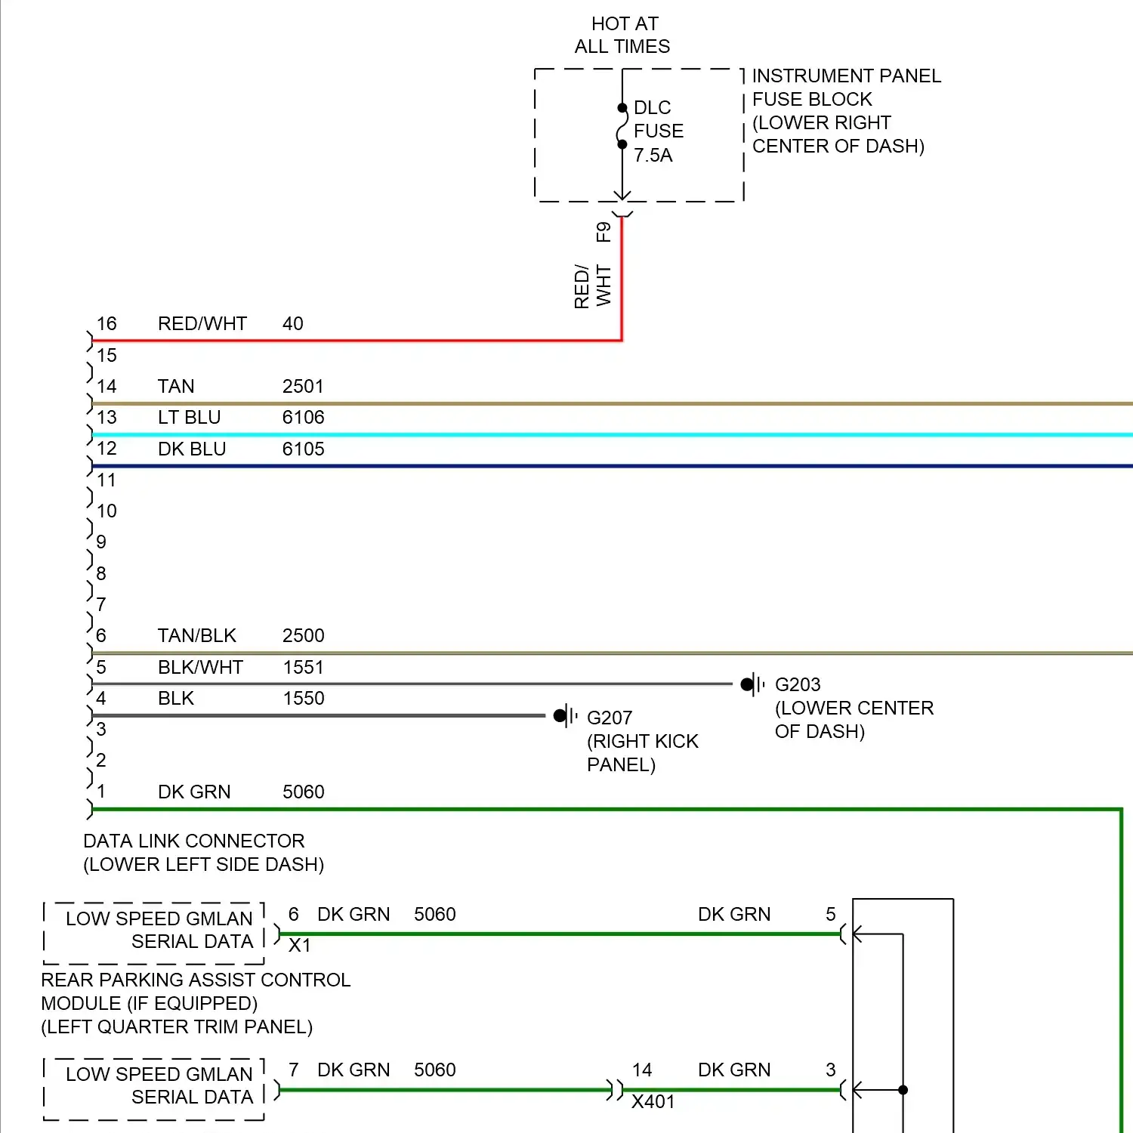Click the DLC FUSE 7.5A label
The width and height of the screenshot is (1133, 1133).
(658, 131)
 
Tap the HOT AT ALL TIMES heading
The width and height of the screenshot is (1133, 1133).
(622, 36)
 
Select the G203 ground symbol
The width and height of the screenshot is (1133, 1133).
(752, 684)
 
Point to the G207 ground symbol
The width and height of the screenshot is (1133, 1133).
(564, 716)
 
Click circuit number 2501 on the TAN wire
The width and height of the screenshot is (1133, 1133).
(303, 387)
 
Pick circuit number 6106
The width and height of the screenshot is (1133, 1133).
(303, 418)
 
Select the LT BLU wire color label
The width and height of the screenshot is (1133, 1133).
(189, 418)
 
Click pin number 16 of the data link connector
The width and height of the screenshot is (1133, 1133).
(107, 324)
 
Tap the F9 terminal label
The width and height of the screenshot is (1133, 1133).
(604, 232)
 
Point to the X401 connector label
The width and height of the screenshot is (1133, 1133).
(653, 1102)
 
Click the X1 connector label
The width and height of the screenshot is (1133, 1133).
(300, 946)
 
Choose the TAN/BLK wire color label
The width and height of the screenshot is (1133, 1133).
(196, 636)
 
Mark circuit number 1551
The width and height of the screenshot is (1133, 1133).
(303, 668)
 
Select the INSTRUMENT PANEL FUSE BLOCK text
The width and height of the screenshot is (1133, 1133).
(845, 111)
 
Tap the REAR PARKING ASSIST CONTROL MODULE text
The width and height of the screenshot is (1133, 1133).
(195, 1003)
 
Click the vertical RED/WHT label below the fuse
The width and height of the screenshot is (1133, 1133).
(592, 286)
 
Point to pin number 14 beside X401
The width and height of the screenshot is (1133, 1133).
(642, 1070)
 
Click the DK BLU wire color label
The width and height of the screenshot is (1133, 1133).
(192, 449)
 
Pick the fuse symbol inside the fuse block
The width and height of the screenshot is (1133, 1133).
(622, 126)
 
